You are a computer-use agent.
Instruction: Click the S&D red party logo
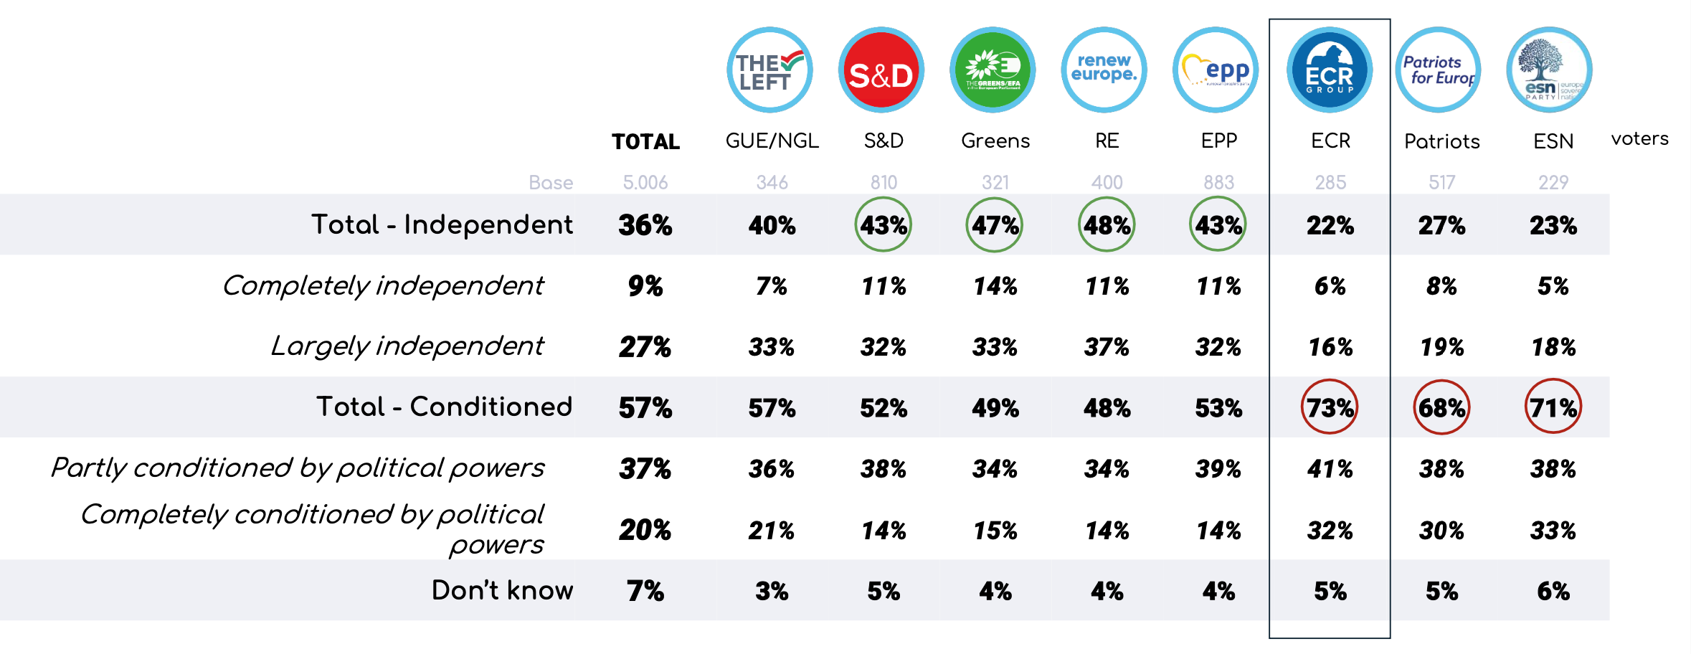pos(881,70)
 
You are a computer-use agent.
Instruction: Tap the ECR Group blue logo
pos(1330,70)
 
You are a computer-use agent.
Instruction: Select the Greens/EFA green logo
pos(993,70)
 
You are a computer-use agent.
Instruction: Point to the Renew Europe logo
pos(1104,70)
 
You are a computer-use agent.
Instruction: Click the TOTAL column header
pos(645,141)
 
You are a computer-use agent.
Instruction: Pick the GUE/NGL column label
pos(772,141)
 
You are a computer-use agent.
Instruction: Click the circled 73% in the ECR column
pos(1330,407)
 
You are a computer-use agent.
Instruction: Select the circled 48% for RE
pos(1107,225)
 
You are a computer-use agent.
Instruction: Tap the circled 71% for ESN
pos(1553,407)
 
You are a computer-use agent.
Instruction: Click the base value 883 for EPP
pos(1218,183)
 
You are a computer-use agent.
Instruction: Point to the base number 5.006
pos(645,183)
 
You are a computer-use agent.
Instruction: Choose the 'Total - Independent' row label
pos(442,224)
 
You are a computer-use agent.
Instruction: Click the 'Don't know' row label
pos(502,590)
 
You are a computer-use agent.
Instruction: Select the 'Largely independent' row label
pos(407,346)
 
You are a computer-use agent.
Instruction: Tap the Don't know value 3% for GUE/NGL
pos(772,591)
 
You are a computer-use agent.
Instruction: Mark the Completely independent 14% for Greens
pos(995,286)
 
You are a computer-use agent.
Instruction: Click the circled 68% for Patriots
pos(1441,407)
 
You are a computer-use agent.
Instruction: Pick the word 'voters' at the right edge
pos(1639,138)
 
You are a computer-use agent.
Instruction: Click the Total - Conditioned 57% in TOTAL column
pos(645,408)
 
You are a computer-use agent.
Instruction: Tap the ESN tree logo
pos(1550,70)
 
